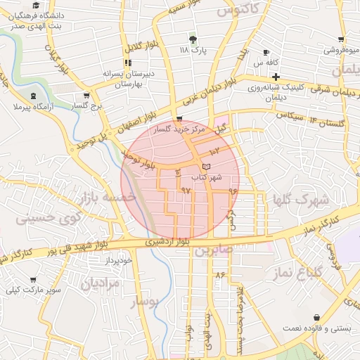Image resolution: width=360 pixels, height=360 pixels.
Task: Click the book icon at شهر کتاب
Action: tap(205, 165)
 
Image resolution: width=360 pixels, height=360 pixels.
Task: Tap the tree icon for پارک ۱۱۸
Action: tap(193, 39)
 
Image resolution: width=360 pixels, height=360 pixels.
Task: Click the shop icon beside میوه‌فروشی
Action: tap(341, 39)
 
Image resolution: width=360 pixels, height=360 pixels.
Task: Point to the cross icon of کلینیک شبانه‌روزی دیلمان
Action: tap(276, 77)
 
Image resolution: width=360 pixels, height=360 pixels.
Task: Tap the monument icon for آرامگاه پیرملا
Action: tap(34, 95)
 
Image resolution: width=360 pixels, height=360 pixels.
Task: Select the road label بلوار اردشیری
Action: tap(162, 242)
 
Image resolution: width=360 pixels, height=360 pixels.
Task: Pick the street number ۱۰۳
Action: tap(214, 150)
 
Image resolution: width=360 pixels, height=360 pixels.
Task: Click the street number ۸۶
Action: tap(220, 274)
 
